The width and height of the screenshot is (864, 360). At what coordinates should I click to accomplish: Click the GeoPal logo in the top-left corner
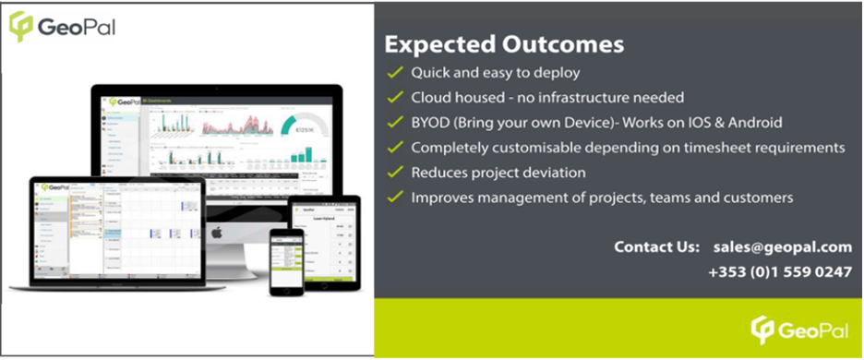point(62,25)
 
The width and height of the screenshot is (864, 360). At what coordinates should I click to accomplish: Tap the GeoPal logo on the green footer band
point(799,330)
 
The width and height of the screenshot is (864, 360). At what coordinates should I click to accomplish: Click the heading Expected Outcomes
point(504,44)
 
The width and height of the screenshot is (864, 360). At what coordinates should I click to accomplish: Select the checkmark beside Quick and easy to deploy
point(395,72)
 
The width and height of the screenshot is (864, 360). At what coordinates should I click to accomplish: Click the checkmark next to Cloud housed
point(395,97)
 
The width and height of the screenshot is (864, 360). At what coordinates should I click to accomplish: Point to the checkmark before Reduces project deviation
point(395,172)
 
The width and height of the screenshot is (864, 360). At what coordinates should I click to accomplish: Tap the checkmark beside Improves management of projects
point(395,197)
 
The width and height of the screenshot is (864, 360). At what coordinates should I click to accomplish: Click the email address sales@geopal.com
point(782,247)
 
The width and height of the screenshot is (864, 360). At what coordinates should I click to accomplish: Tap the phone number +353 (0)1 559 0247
point(780,272)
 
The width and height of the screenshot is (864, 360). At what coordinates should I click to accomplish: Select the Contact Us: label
point(656,247)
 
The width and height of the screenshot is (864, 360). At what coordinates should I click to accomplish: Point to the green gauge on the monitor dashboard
point(301,129)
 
